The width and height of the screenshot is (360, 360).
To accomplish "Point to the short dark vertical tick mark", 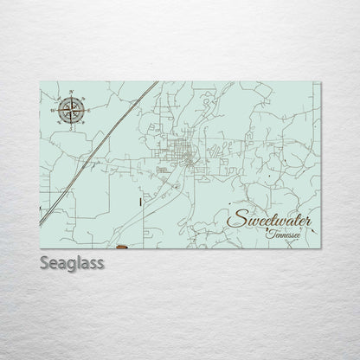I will click(139, 201).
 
